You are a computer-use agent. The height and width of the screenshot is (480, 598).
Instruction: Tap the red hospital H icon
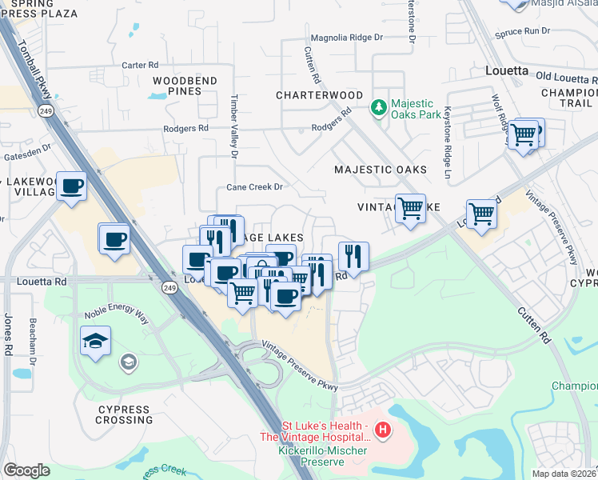pyautogui.click(x=383, y=431)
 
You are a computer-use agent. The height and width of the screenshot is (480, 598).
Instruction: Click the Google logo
pyautogui.click(x=26, y=470)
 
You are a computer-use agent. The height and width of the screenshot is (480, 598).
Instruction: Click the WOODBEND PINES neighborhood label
pyautogui.click(x=185, y=86)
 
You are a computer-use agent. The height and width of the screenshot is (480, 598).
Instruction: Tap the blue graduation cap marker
pyautogui.click(x=96, y=340)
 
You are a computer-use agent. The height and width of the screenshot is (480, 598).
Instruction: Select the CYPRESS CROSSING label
pyautogui.click(x=124, y=414)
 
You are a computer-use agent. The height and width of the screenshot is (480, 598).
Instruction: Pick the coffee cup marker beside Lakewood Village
pyautogui.click(x=72, y=186)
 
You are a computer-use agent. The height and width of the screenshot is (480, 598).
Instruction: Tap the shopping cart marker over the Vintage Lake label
pyautogui.click(x=410, y=209)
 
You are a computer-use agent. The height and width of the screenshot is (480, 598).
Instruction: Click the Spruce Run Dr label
pyautogui.click(x=524, y=31)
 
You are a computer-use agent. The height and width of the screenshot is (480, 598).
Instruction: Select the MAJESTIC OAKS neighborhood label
pyautogui.click(x=380, y=170)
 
